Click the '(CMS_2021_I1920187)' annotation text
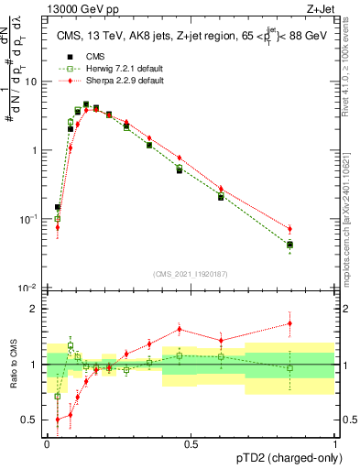(191, 274)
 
